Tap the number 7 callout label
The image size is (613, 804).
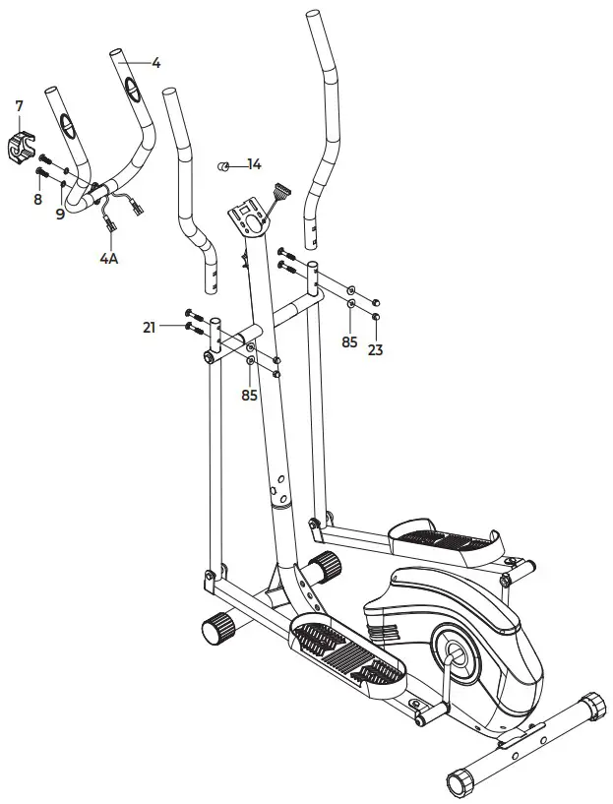19,105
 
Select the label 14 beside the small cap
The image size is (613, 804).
254,164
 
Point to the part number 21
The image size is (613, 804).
150,328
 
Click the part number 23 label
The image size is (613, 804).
375,348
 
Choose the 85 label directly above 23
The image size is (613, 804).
349,342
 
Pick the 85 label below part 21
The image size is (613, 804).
250,395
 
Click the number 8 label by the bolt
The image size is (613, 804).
37,199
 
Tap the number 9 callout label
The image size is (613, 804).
60,213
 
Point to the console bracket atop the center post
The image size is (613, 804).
249,216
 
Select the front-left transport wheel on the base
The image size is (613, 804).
216,626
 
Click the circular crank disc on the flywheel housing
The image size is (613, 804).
455,652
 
